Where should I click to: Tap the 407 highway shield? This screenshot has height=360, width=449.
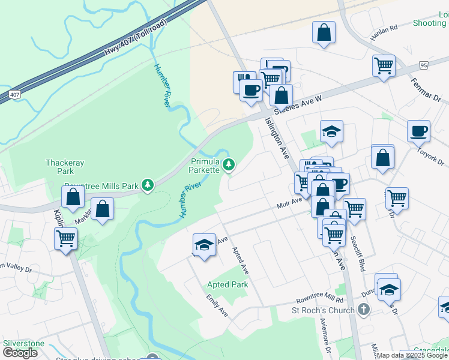(14, 95)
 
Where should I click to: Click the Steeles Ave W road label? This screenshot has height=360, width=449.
(298, 104)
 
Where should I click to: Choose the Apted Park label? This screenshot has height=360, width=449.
(227, 284)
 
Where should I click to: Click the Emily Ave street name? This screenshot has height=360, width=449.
(217, 305)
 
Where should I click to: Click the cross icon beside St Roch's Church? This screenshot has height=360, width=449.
(363, 310)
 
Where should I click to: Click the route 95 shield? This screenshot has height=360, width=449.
(424, 65)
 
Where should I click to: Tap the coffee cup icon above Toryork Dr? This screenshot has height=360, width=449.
(418, 130)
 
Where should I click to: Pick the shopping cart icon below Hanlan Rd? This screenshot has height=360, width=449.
(384, 65)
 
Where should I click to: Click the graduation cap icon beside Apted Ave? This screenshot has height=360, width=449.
(204, 244)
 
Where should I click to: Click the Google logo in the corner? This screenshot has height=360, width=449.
(20, 353)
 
